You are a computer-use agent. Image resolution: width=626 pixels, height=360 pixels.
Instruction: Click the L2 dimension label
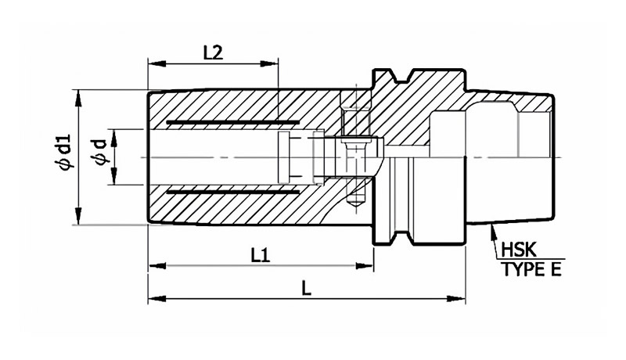[x=213, y=52]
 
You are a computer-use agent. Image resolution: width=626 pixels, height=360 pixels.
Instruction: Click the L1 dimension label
[x=261, y=255]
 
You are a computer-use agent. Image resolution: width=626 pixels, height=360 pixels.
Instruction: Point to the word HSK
[x=518, y=250]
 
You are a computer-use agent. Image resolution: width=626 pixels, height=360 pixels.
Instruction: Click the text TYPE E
[x=532, y=270]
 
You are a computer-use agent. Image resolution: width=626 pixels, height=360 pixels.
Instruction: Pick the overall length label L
[x=306, y=289]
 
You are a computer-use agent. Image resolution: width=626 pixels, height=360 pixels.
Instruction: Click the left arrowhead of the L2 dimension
[x=157, y=64]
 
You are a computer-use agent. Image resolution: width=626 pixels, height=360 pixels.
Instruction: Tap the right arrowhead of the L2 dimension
[x=269, y=64]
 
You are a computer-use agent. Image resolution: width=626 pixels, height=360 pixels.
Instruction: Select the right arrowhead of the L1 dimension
[x=364, y=265]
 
